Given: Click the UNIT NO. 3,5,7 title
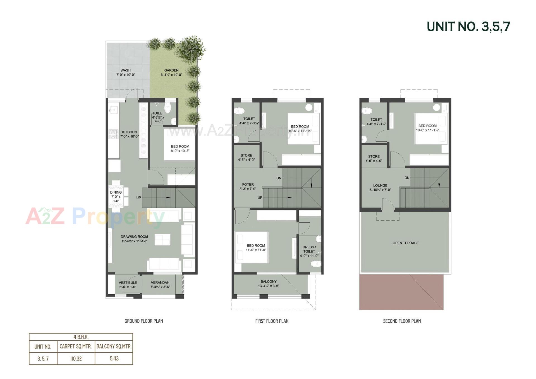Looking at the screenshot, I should pos(468,27).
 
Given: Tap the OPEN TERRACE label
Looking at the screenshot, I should pos(406,243).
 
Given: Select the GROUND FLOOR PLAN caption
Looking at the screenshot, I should pos(144,321).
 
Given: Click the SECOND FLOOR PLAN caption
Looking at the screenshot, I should pos(402,321).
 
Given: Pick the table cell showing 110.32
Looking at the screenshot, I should pos(76,359).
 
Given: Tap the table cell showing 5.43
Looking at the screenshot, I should pos(114,359).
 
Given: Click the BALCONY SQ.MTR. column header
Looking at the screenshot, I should pos(114,347).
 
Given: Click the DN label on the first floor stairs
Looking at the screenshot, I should pos(279,178).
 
